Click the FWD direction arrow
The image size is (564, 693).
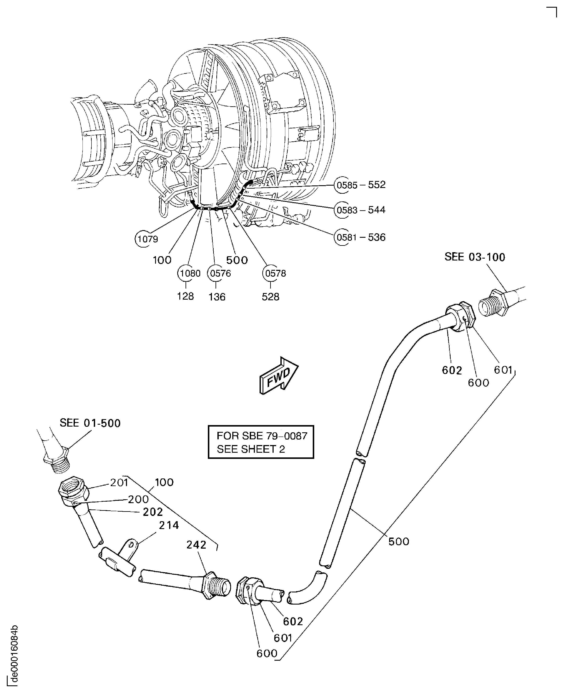[279, 376]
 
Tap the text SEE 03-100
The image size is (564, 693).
[474, 257]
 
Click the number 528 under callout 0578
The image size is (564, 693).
[270, 296]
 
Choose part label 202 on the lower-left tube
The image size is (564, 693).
[153, 512]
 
